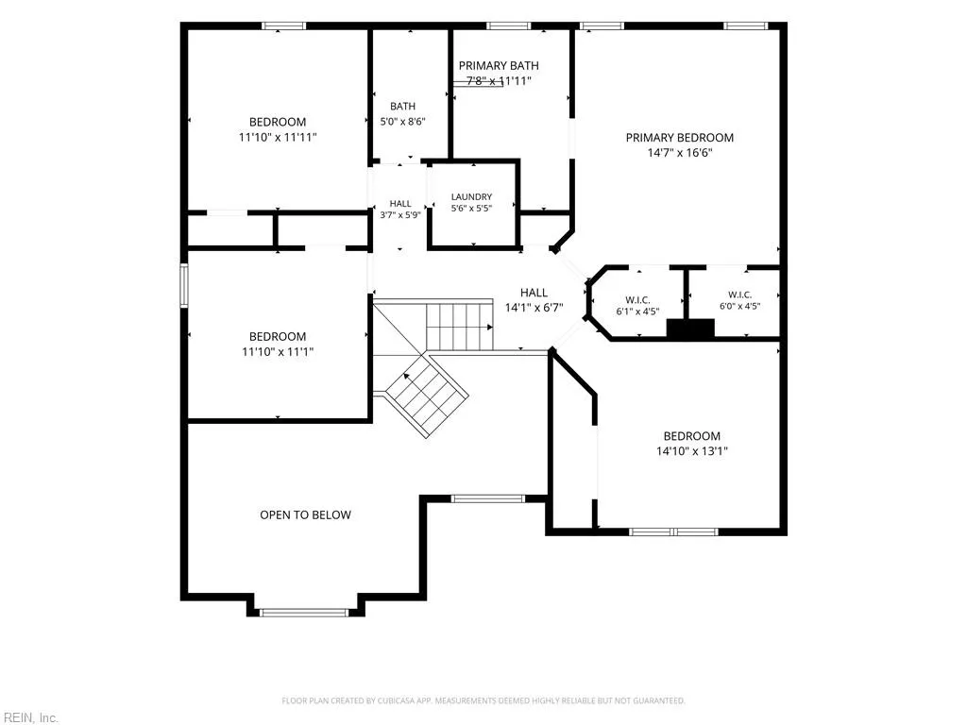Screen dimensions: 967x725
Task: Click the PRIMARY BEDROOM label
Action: [680, 138]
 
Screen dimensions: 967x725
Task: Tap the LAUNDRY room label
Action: [472, 196]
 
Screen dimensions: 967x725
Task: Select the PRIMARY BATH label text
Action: [499, 65]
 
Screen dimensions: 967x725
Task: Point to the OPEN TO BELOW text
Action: [305, 514]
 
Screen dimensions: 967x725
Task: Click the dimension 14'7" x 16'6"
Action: [680, 152]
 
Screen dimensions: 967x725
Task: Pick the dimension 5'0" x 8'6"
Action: [402, 122]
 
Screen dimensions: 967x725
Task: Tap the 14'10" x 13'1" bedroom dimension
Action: [692, 450]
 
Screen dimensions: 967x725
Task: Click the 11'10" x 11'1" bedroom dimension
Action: [278, 351]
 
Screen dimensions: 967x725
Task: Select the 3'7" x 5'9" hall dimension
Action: [400, 215]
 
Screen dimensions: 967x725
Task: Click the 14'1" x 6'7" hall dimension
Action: [534, 307]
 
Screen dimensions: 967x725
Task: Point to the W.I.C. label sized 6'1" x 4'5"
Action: [637, 300]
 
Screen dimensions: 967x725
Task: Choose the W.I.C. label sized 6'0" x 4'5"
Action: [740, 295]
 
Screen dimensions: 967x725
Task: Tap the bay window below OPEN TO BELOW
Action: [304, 612]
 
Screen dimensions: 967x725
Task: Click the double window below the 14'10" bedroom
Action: [674, 531]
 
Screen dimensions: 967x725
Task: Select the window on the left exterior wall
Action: [184, 285]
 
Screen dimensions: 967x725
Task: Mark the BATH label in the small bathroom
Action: [402, 107]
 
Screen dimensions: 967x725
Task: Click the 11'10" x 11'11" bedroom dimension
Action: [278, 137]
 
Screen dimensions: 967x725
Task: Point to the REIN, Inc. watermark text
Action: [29, 717]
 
